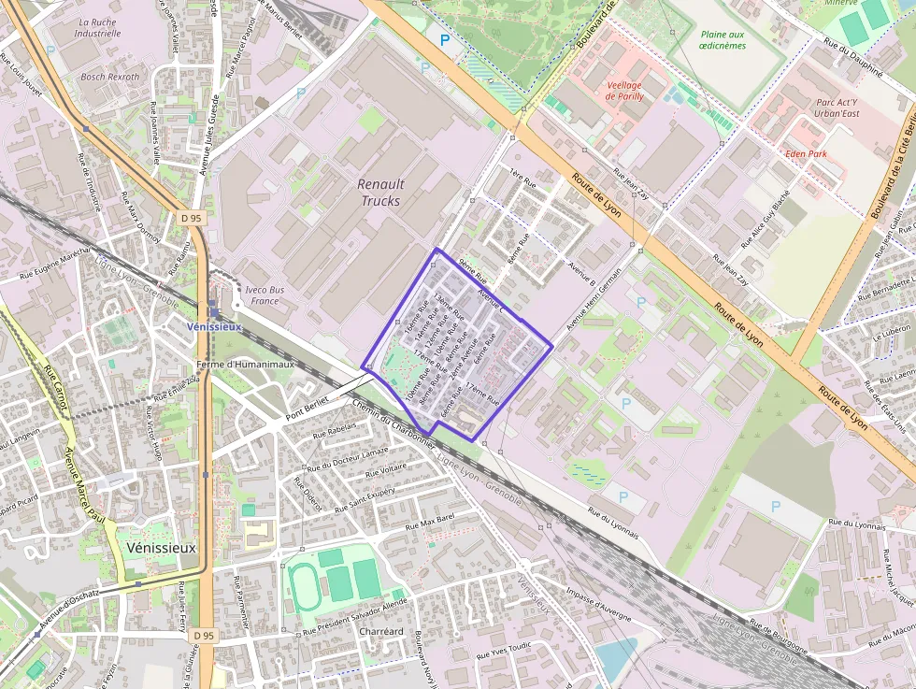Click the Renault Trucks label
[381, 193]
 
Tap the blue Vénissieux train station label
[215, 327]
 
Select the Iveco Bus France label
[265, 295]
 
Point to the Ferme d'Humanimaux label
[246, 365]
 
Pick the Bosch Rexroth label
[110, 77]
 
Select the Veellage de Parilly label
[624, 91]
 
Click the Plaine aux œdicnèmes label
[723, 40]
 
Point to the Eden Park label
[807, 152]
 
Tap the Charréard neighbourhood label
[381, 632]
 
